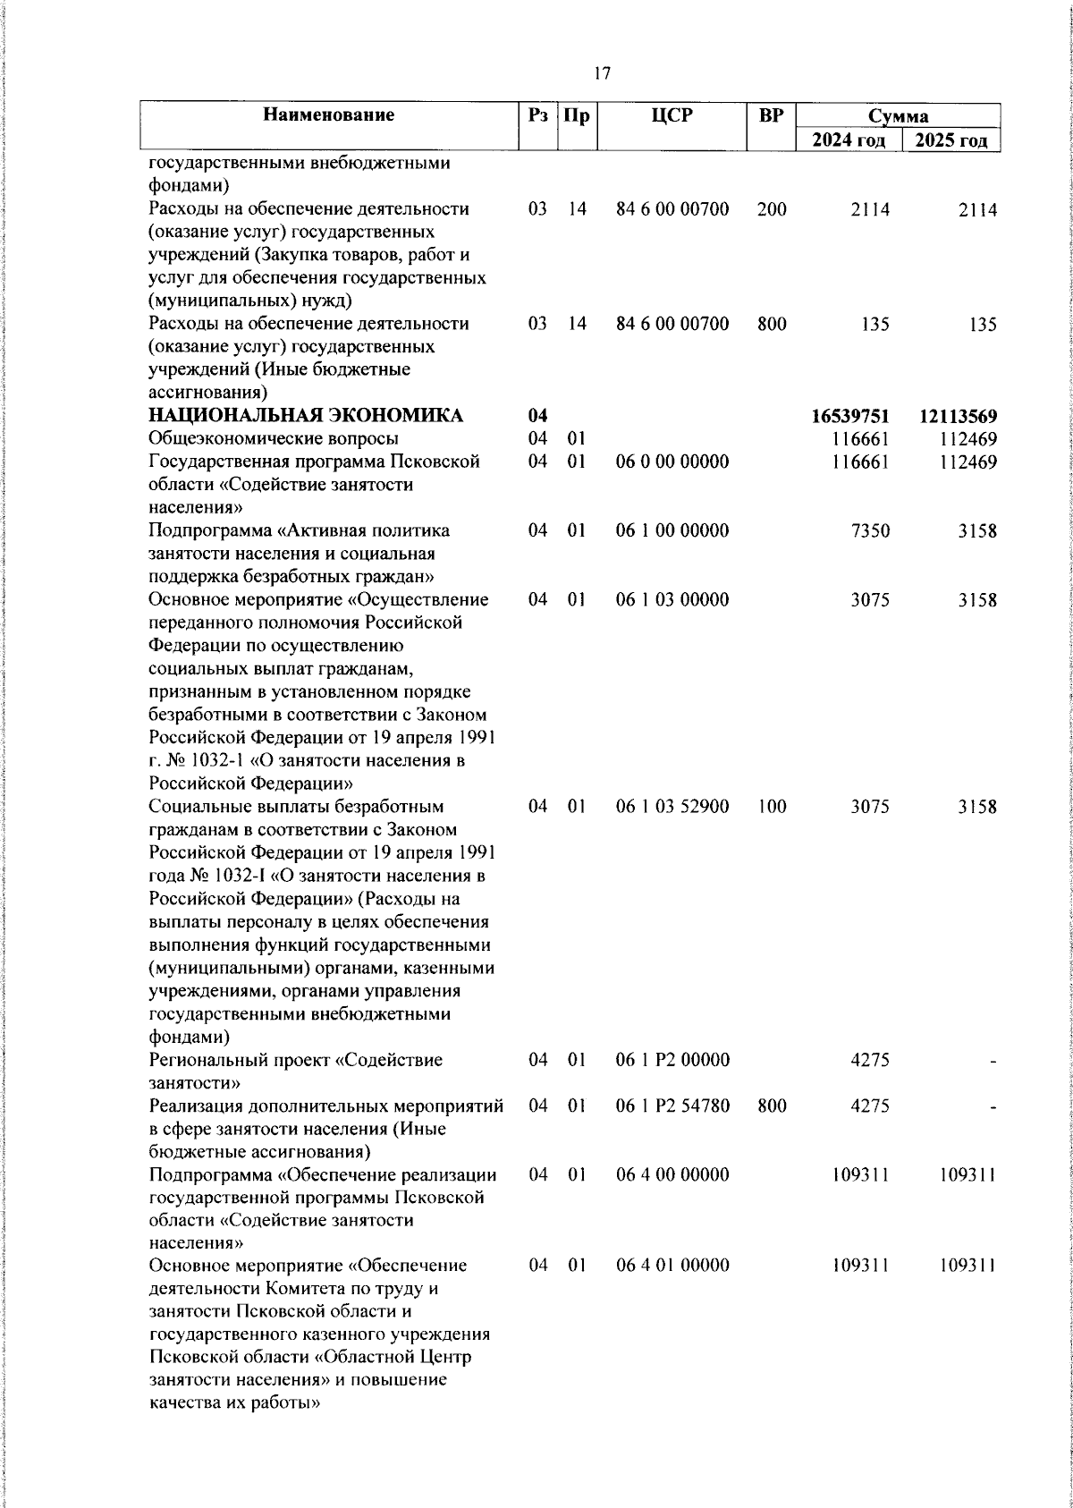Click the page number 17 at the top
point(602,74)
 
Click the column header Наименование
point(329,114)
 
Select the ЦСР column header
point(672,114)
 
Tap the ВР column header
point(771,114)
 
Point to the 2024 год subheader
point(849,140)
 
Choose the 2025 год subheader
point(950,140)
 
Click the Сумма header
point(898,116)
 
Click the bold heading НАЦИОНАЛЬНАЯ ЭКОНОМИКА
point(306,416)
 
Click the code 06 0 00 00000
point(672,462)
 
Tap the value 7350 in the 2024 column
point(870,530)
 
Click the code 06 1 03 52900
point(672,806)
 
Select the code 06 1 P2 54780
point(672,1106)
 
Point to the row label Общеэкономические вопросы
point(274,438)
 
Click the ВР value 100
point(771,806)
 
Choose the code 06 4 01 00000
point(672,1265)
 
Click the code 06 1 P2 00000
point(672,1060)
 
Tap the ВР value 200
point(771,209)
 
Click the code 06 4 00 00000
point(672,1173)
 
